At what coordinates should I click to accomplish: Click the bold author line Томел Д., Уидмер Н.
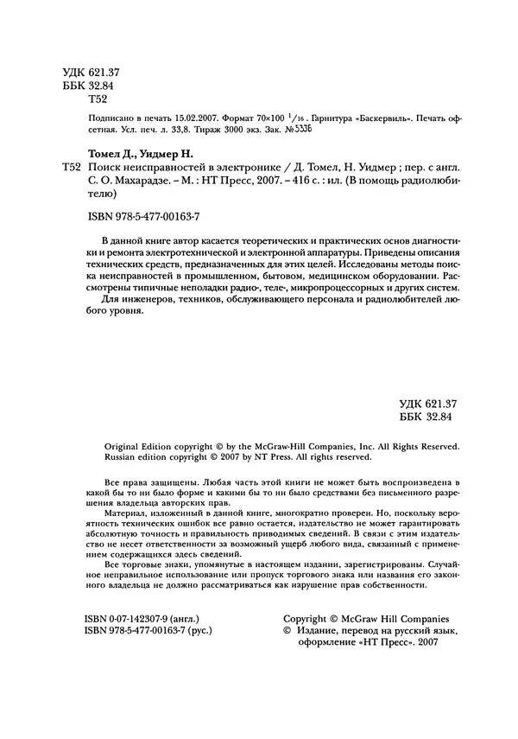[144, 153]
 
